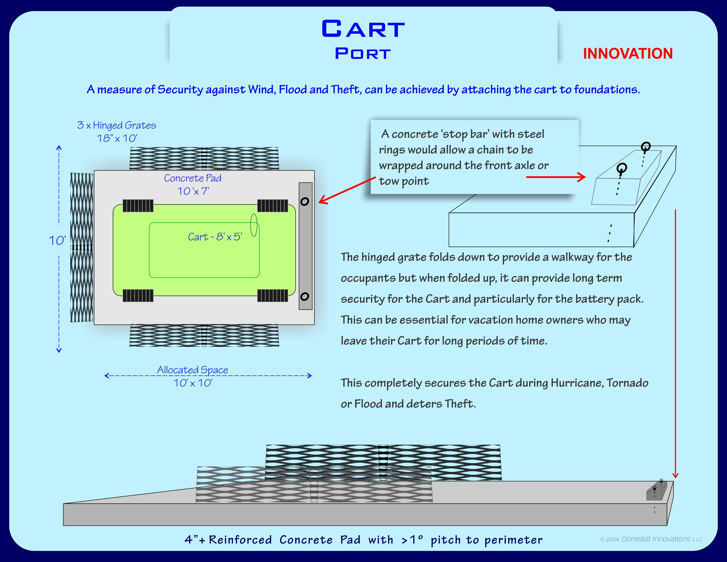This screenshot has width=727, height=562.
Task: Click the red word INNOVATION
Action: pyautogui.click(x=628, y=54)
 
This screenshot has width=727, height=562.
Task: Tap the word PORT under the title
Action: pyautogui.click(x=363, y=54)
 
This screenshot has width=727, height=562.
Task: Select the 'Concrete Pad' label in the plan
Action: pyautogui.click(x=193, y=178)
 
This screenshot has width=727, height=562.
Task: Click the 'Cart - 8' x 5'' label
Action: pyautogui.click(x=215, y=237)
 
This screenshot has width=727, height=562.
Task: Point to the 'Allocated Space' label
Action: pyautogui.click(x=193, y=370)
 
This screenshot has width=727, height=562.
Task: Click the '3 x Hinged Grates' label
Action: pyautogui.click(x=117, y=125)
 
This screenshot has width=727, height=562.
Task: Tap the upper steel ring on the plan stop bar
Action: pyautogui.click(x=305, y=201)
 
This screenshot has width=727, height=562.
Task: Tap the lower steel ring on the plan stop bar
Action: pyautogui.click(x=305, y=296)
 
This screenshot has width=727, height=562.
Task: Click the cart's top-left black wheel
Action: pyautogui.click(x=138, y=206)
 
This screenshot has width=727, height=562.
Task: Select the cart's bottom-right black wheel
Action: pyautogui.click(x=273, y=295)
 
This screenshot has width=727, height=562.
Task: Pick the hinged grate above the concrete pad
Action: pyautogui.click(x=204, y=158)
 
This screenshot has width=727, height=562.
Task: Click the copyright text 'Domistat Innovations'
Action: pyautogui.click(x=656, y=539)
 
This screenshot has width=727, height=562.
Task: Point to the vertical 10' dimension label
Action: pyautogui.click(x=57, y=240)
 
